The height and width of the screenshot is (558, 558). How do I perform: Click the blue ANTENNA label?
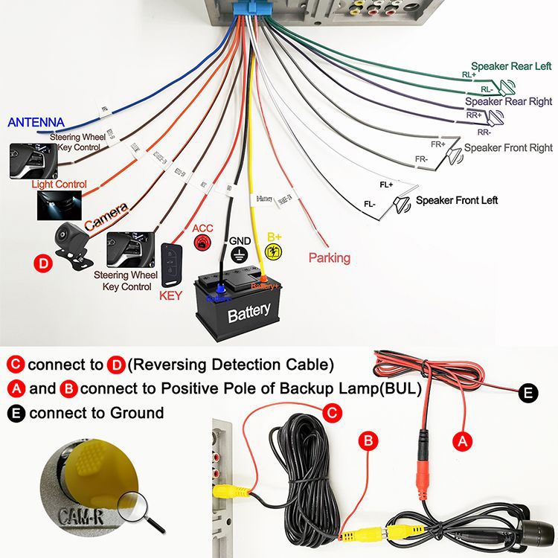[x=36, y=122]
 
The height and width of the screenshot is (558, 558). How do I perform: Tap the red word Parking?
[x=329, y=258]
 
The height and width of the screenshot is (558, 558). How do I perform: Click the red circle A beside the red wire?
[x=464, y=440]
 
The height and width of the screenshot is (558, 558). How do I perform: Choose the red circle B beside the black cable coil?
[x=369, y=441]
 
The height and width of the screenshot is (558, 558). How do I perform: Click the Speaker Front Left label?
[x=456, y=200]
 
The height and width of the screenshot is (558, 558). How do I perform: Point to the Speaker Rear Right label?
[x=508, y=101]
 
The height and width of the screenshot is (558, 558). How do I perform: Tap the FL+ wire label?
[x=386, y=182]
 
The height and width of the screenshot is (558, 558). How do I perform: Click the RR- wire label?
[x=484, y=132]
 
